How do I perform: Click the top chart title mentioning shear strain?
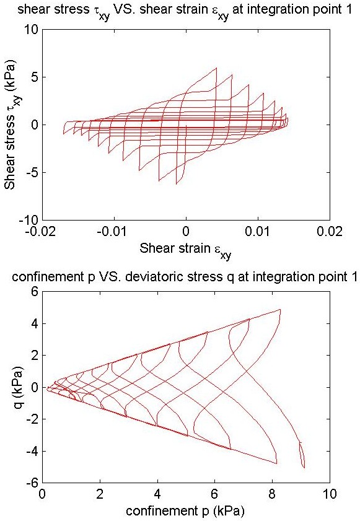click(184, 11)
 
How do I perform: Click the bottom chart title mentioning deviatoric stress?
click(185, 276)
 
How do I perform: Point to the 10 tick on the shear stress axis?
click(32, 30)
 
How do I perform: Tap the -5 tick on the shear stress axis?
click(33, 172)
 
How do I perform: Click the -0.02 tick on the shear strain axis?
click(43, 231)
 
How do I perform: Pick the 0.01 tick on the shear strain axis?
click(258, 231)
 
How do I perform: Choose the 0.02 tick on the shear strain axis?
click(330, 231)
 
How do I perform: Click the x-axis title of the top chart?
click(185, 250)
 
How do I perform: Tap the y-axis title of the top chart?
click(11, 125)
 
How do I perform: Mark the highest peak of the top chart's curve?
click(216, 68)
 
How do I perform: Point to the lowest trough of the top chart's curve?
click(177, 184)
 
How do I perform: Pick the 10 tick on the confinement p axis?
click(330, 494)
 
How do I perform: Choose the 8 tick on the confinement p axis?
click(272, 494)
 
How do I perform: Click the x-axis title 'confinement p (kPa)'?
click(185, 510)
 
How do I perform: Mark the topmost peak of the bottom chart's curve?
click(280, 309)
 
